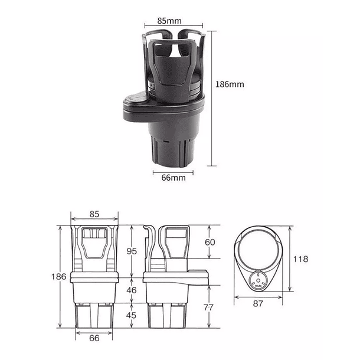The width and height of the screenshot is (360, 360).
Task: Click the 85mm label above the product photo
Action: point(169,19)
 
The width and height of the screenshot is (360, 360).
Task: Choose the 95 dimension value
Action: point(132,251)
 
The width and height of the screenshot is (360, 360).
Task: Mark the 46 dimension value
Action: point(132,290)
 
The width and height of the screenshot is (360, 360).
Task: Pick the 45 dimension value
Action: point(132,315)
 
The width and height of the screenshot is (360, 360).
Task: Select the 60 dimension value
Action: point(211,242)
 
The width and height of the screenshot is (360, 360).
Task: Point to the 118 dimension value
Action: point(300,259)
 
